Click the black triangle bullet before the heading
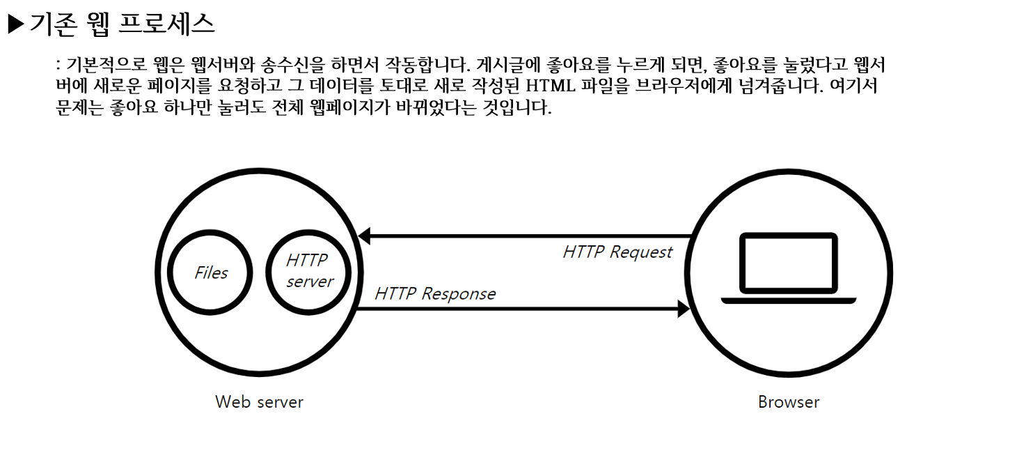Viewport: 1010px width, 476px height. coord(15,24)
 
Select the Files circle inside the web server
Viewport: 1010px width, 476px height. coord(211,272)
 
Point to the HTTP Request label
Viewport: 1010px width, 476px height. coord(617,252)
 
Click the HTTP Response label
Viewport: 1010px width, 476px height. coord(435,293)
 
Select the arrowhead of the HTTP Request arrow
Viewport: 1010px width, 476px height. coord(363,237)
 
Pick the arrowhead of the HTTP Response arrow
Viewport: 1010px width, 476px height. coord(684,309)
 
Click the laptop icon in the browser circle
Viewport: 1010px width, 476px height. coord(788,268)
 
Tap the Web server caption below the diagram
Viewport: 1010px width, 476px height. coord(259,402)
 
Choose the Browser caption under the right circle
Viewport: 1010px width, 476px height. coord(789,402)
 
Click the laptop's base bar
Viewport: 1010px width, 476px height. coord(788,300)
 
